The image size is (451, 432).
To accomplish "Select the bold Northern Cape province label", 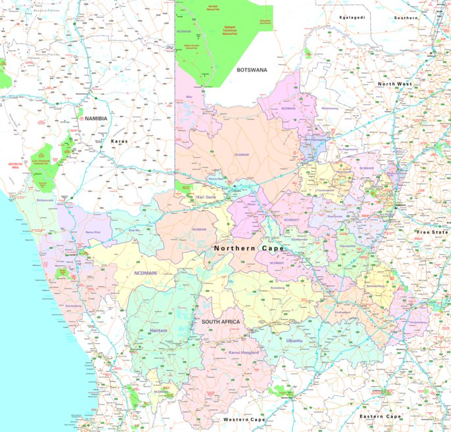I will pos(249,249).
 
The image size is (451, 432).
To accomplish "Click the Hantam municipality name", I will pos(158,331).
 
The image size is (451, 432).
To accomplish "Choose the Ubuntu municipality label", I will pos(294,341).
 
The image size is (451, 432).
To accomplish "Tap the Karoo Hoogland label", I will pos(243,353).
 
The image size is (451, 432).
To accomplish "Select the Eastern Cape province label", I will pos(380,416).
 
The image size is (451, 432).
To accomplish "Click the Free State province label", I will pos(432,232).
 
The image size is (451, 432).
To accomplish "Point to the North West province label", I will pos(394,84).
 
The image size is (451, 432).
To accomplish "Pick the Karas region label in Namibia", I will pos(119,141).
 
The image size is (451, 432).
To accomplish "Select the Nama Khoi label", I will pos(93,232).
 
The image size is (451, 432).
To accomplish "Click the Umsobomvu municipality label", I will pos(418,322).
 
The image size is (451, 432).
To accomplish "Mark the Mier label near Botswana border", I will pos(189,97).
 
